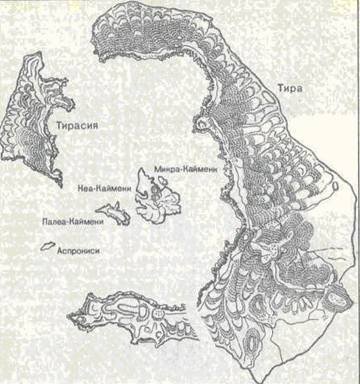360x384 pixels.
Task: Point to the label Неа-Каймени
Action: point(100,186)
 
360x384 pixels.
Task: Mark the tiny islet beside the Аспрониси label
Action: point(46,247)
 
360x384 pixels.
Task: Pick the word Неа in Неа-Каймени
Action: point(83,186)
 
